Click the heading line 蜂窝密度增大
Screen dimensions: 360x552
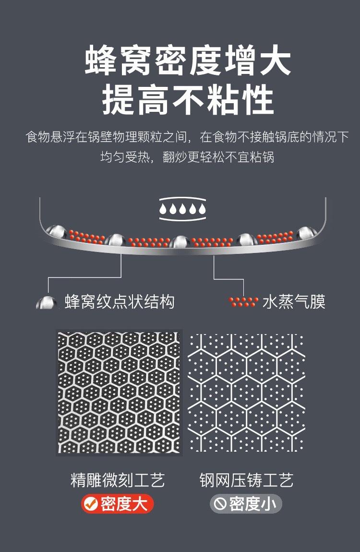pos(188,61)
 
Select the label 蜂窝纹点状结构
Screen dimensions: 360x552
pos(119,302)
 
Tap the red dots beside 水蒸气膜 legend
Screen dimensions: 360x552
pos(243,302)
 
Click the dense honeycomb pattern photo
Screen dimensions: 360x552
pos(119,392)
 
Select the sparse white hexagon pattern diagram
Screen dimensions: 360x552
pos(246,392)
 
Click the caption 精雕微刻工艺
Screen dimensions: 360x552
pos(118,480)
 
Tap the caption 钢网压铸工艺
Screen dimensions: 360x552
pos(246,480)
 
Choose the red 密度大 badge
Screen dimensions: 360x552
pos(117,504)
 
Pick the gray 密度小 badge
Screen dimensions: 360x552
pos(246,504)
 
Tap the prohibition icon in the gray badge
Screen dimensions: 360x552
pos(220,504)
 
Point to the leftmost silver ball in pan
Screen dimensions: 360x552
pos(57,230)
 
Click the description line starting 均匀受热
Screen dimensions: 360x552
pos(187,157)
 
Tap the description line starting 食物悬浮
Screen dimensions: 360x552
pos(187,137)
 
